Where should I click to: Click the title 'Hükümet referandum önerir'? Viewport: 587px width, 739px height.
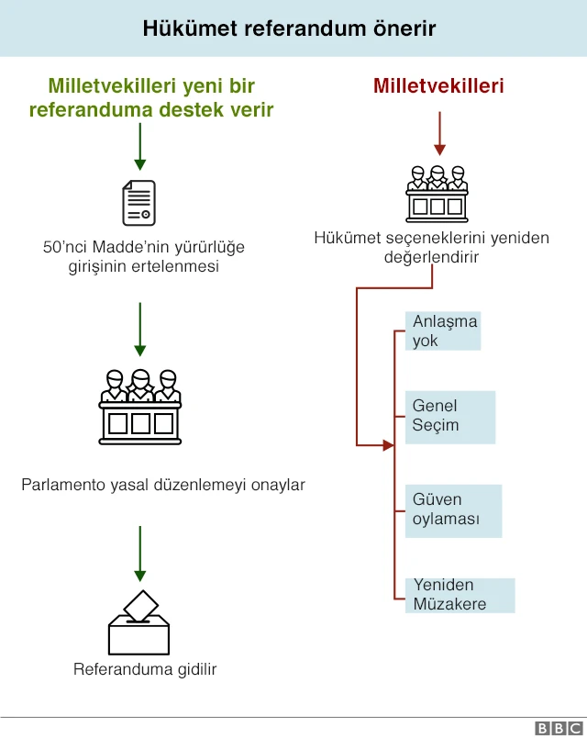(x=289, y=28)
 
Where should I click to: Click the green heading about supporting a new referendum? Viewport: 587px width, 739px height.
(x=151, y=98)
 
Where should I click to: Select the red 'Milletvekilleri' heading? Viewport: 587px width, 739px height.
(x=438, y=86)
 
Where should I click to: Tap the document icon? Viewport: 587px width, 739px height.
(x=138, y=203)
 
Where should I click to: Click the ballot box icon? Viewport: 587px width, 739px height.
(x=139, y=622)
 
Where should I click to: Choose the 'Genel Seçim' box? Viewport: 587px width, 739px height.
(x=450, y=417)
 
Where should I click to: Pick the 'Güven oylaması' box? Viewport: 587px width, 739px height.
(x=454, y=510)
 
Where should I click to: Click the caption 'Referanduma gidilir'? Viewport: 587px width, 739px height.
(x=145, y=669)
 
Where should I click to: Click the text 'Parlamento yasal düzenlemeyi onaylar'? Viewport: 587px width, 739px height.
(x=163, y=484)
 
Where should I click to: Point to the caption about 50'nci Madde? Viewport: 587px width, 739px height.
(x=144, y=257)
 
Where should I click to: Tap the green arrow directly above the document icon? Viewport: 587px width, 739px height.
(x=139, y=147)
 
